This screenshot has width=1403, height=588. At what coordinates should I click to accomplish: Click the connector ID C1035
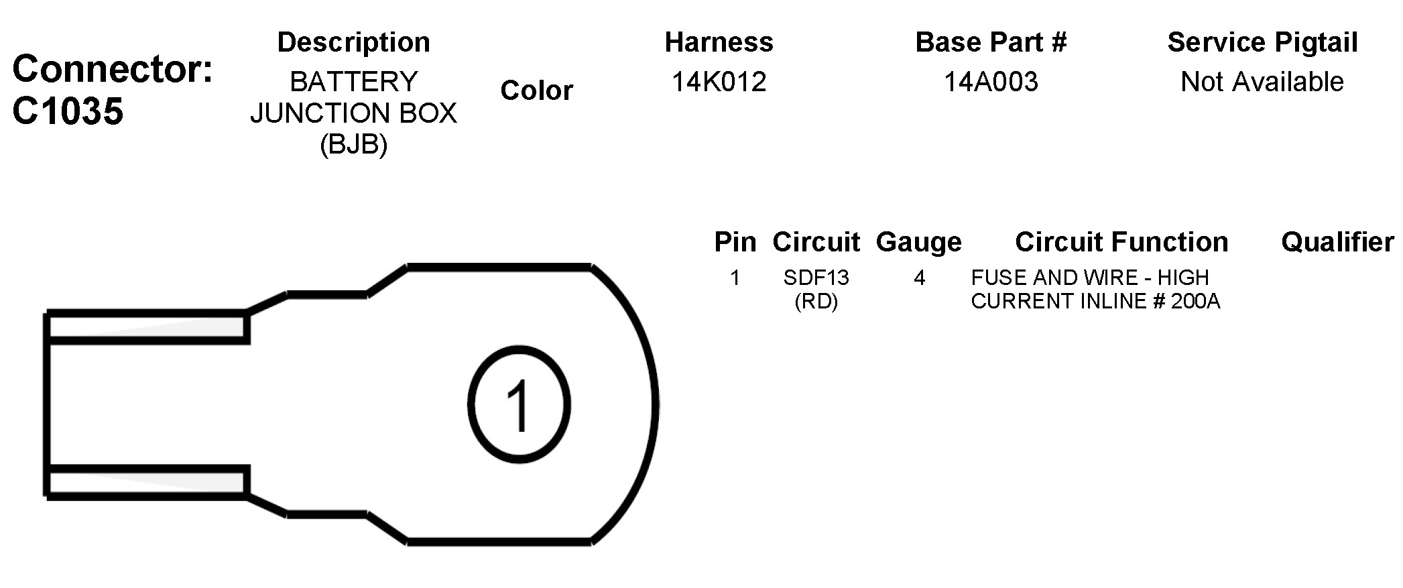click(x=68, y=111)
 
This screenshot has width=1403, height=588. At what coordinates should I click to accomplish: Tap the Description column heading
click(x=353, y=42)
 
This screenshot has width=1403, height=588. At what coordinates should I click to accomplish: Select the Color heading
click(x=536, y=90)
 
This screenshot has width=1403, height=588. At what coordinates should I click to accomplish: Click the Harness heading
click(x=719, y=42)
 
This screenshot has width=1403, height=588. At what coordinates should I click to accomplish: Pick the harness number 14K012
click(x=719, y=81)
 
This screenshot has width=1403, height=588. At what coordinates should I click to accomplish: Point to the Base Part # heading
click(x=991, y=42)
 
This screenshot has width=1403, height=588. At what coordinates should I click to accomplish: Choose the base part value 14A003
click(x=991, y=81)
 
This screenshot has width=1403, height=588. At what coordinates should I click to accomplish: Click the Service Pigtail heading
click(x=1262, y=42)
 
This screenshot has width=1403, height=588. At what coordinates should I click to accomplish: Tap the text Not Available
click(x=1262, y=81)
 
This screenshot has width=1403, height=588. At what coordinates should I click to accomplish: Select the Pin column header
click(x=735, y=242)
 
